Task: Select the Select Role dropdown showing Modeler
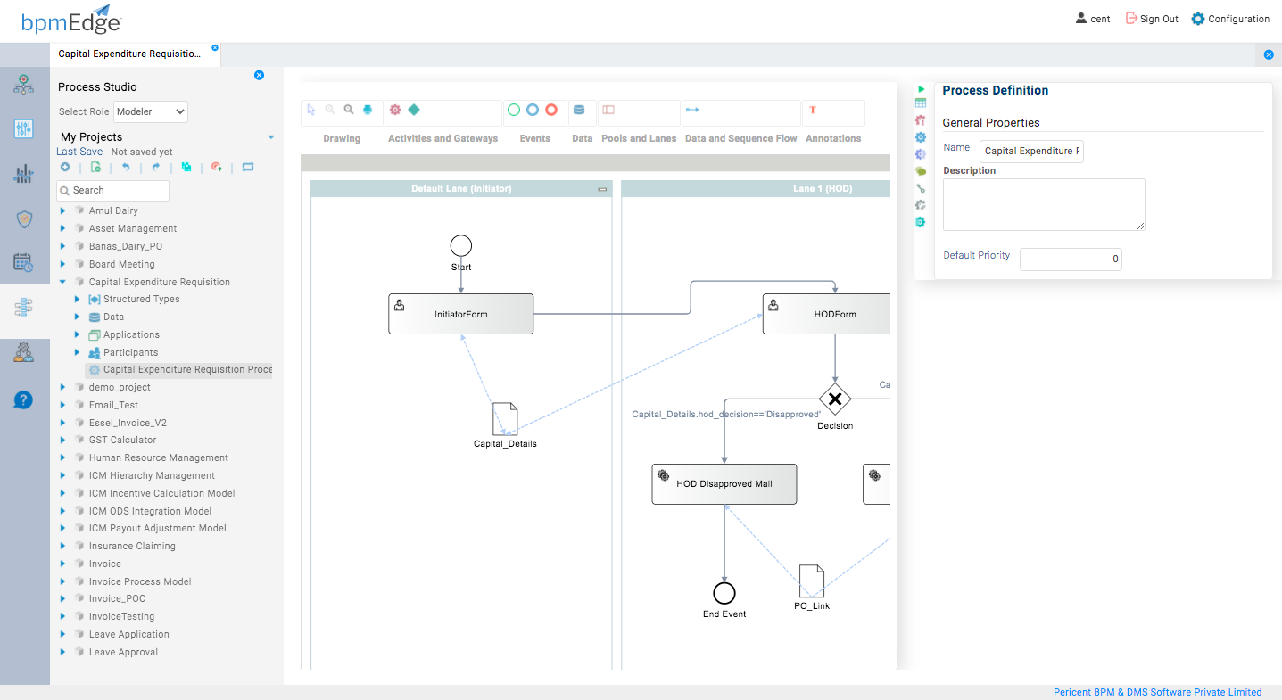tap(151, 111)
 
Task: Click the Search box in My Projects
tap(113, 190)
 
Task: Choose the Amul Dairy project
tap(113, 210)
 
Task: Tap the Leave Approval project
tap(123, 652)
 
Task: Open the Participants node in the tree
tap(130, 352)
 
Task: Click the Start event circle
tap(461, 245)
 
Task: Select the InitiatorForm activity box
tap(460, 314)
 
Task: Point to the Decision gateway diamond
tap(835, 399)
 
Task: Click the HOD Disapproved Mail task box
tap(724, 484)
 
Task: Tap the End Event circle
tap(724, 593)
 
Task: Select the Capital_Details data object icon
tap(505, 418)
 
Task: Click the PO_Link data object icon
tap(812, 581)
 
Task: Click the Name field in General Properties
tap(1031, 151)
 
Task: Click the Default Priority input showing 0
tap(1071, 259)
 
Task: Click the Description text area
tap(1044, 204)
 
